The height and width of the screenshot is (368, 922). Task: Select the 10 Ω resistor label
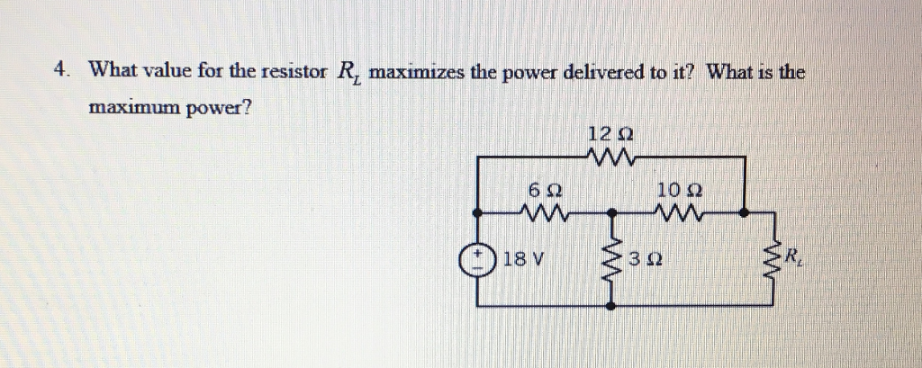click(680, 191)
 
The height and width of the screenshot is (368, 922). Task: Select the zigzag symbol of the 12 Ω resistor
click(612, 159)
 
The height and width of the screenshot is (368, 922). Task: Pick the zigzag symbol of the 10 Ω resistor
click(680, 213)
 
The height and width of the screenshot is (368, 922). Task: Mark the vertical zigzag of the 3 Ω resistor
click(611, 261)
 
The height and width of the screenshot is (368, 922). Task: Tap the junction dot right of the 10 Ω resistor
click(744, 213)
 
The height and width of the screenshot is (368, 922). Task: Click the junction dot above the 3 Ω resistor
click(611, 213)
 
